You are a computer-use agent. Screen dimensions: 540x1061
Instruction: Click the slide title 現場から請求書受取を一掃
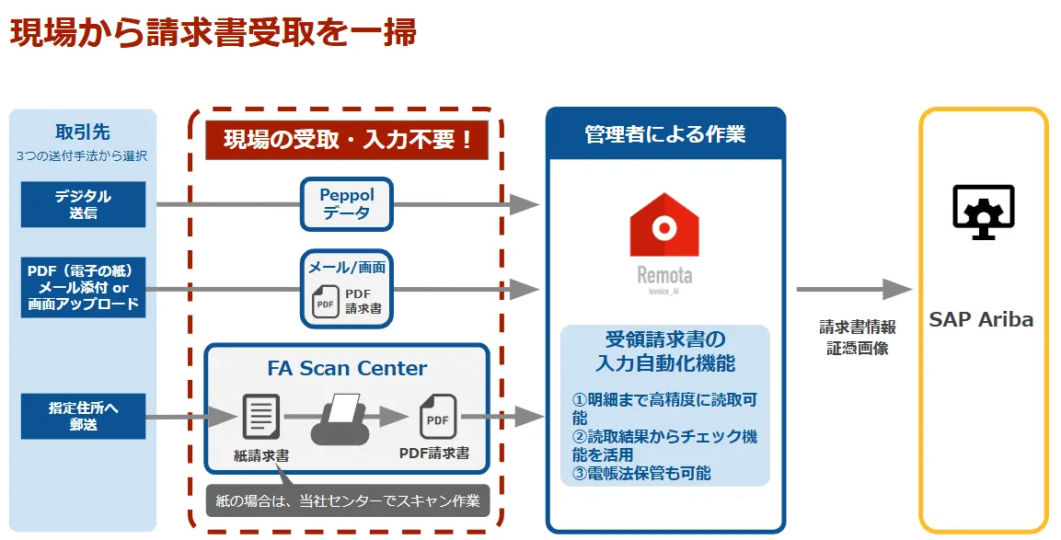pyautogui.click(x=213, y=32)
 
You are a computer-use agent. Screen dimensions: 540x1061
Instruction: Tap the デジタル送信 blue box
pyautogui.click(x=83, y=204)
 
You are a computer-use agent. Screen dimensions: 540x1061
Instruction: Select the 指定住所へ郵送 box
pyautogui.click(x=83, y=416)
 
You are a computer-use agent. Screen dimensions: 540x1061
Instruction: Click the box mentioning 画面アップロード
pyautogui.click(x=83, y=287)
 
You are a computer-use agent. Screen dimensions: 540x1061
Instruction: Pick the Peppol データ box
pyautogui.click(x=347, y=204)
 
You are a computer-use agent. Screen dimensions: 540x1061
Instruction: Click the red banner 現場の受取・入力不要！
pyautogui.click(x=346, y=139)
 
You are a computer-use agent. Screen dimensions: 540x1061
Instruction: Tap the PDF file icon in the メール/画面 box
pyautogui.click(x=325, y=302)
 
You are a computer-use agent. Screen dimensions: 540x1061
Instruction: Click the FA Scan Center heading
pyautogui.click(x=347, y=368)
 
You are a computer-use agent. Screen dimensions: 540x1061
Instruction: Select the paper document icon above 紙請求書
pyautogui.click(x=260, y=416)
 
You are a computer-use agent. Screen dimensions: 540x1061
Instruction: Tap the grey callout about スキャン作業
pyautogui.click(x=347, y=500)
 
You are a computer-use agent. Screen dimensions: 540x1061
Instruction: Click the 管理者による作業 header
pyautogui.click(x=664, y=134)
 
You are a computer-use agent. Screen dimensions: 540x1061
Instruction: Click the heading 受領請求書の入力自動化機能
pyautogui.click(x=664, y=350)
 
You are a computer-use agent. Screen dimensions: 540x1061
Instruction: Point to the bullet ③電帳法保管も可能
pyautogui.click(x=641, y=474)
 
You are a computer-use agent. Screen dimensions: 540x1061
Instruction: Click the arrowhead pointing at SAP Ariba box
pyautogui.click(x=897, y=289)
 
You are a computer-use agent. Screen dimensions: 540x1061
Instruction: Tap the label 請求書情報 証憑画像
pyautogui.click(x=857, y=338)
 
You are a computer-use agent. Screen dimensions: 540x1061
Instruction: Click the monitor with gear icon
pyautogui.click(x=983, y=211)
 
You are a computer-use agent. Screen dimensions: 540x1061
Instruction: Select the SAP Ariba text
pyautogui.click(x=981, y=320)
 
